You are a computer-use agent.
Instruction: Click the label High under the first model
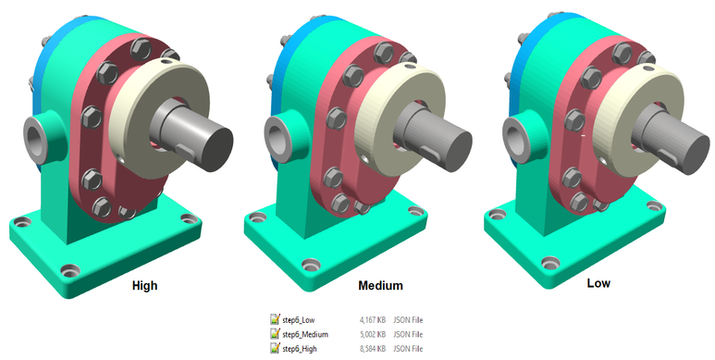(144, 286)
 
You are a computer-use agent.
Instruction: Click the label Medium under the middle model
(380, 286)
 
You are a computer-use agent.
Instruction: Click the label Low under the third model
(598, 283)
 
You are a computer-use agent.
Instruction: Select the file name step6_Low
(298, 320)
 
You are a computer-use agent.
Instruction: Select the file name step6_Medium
(305, 334)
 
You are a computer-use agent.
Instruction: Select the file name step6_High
(299, 349)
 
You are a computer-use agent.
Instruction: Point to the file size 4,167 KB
(373, 320)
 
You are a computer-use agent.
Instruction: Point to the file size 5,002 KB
(373, 334)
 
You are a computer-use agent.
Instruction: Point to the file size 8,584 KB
(373, 349)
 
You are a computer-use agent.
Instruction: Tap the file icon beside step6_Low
(275, 319)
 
